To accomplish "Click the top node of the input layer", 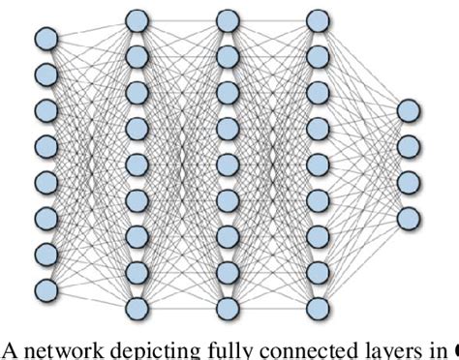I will coord(46,39).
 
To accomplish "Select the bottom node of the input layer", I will coord(46,289).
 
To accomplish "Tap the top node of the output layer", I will coord(408,109).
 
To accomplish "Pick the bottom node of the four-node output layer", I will coord(408,217).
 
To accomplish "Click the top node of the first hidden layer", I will coord(138,18).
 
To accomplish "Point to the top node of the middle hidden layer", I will coord(228,18).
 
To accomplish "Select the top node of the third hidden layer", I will coord(317,18).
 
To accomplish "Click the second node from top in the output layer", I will coord(408,145).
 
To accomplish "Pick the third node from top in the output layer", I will coord(408,181).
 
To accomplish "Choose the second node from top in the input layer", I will coord(46,74).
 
